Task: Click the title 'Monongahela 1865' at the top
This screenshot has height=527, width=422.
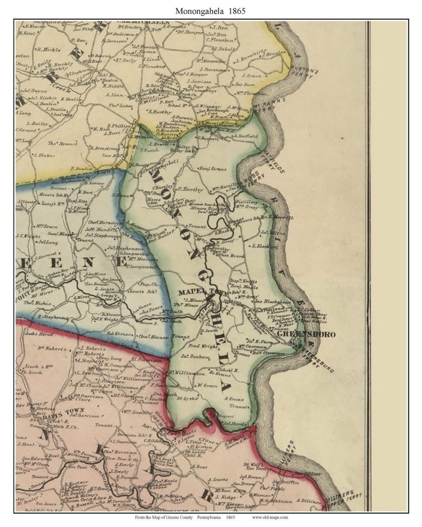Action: [x=210, y=11]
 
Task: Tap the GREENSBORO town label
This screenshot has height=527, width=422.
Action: [x=306, y=335]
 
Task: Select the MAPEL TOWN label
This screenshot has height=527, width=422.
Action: [x=197, y=292]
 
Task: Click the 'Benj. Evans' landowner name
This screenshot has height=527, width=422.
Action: [x=213, y=169]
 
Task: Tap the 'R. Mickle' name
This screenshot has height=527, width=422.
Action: [x=48, y=50]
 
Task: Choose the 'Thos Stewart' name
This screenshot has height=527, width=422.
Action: [x=63, y=144]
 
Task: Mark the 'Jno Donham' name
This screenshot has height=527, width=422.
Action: [x=196, y=357]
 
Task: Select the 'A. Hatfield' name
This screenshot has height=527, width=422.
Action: [x=247, y=136]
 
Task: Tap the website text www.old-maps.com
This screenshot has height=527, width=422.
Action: [x=270, y=517]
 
